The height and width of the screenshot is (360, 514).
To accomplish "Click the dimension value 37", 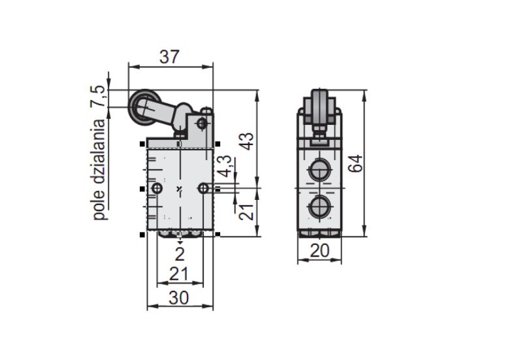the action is (169, 57).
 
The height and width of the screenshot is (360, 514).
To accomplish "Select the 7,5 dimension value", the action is (98, 97).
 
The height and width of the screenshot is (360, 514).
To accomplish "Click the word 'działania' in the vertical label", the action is (99, 154).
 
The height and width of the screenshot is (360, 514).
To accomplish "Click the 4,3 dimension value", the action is (225, 166).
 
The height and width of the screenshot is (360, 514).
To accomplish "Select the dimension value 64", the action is (355, 163).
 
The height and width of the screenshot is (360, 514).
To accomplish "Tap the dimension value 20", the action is (319, 251).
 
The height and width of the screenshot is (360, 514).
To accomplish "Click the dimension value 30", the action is (179, 298).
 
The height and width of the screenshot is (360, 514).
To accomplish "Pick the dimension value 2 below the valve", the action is (180, 254).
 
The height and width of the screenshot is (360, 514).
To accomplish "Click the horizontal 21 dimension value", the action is (179, 274).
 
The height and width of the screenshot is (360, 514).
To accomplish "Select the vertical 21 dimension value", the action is (246, 212).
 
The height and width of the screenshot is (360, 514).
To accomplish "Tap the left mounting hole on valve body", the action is (157, 188).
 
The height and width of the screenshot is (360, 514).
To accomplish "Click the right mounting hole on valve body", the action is (204, 188).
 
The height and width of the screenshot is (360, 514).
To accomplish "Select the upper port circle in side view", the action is (319, 169).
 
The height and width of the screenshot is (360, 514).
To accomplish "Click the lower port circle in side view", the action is (319, 207).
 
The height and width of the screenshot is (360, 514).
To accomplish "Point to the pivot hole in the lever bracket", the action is (202, 123).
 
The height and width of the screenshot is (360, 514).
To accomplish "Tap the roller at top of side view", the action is (319, 106).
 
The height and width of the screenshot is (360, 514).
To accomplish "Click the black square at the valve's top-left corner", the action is (142, 144).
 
